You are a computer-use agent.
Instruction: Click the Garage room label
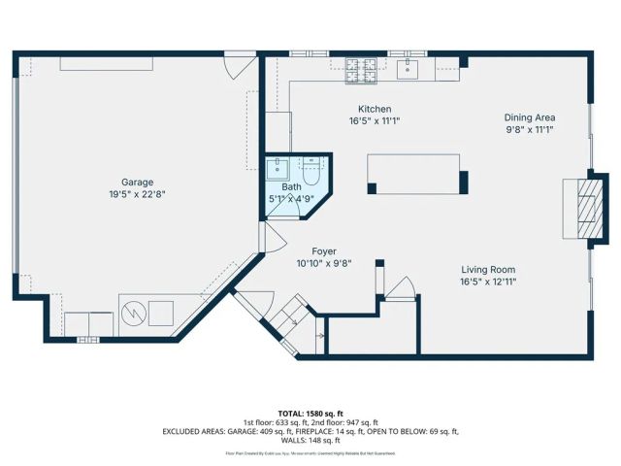pyautogui.click(x=137, y=182)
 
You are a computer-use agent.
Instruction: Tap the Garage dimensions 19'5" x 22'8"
pyautogui.click(x=137, y=193)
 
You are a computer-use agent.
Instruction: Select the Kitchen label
pyautogui.click(x=375, y=109)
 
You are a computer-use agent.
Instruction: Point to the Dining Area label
pyautogui.click(x=529, y=117)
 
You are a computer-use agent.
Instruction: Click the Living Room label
pyautogui.click(x=488, y=270)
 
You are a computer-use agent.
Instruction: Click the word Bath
pyautogui.click(x=291, y=187)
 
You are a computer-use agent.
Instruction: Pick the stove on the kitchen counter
pyautogui.click(x=362, y=67)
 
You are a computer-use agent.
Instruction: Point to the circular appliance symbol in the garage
pyautogui.click(x=134, y=313)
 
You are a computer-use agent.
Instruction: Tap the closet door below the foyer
pyautogui.click(x=399, y=287)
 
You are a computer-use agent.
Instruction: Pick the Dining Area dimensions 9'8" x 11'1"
pyautogui.click(x=529, y=129)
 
